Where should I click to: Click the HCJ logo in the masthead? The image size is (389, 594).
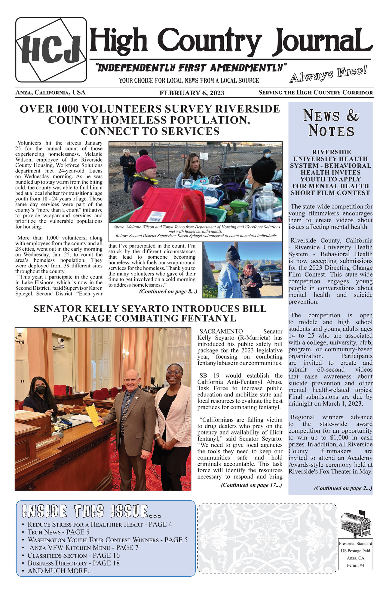pyautogui.click(x=51, y=50)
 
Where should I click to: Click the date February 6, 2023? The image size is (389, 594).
pyautogui.click(x=192, y=93)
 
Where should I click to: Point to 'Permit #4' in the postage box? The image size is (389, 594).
pyautogui.click(x=356, y=565)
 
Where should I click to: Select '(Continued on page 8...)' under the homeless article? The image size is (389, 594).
pyautogui.click(x=168, y=291)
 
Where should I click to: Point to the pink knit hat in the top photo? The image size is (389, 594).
pyautogui.click(x=145, y=164)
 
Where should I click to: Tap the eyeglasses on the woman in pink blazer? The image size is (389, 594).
pyautogui.click(x=174, y=373)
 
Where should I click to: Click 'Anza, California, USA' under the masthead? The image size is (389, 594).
pyautogui.click(x=50, y=93)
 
